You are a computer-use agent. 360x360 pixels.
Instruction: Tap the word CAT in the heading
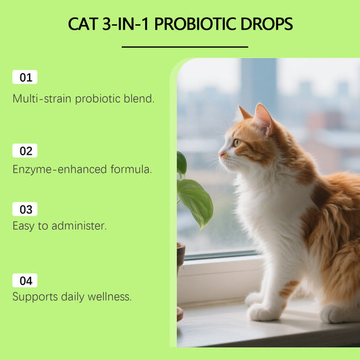click(x=84, y=24)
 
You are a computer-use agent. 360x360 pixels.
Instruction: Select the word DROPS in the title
click(x=268, y=24)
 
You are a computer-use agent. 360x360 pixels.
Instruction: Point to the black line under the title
click(x=184, y=47)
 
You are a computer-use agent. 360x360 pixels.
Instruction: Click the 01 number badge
click(x=25, y=77)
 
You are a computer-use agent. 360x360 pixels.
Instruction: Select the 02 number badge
click(x=25, y=151)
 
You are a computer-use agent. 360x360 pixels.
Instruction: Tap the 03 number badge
click(x=25, y=209)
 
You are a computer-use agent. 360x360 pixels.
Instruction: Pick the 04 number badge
click(x=25, y=280)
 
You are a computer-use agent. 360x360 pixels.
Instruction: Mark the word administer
click(x=80, y=226)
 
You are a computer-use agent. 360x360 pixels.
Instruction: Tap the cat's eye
click(x=236, y=142)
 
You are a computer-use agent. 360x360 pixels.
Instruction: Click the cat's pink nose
click(x=220, y=155)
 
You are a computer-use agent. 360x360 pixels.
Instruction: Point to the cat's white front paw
click(x=261, y=312)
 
